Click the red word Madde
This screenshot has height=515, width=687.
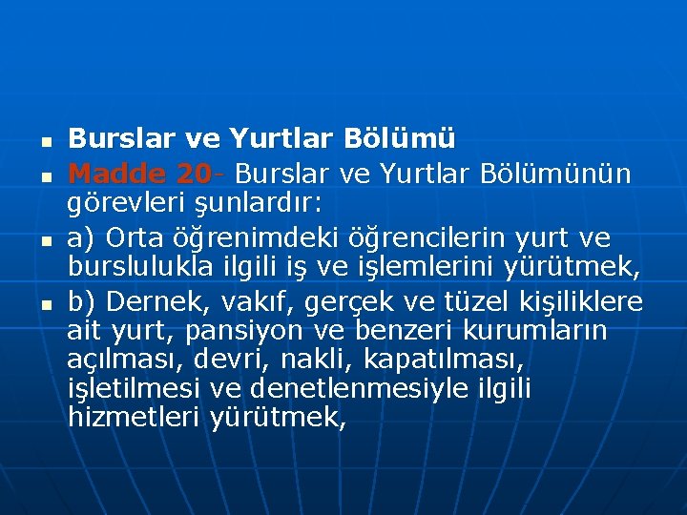pyautogui.click(x=118, y=174)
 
